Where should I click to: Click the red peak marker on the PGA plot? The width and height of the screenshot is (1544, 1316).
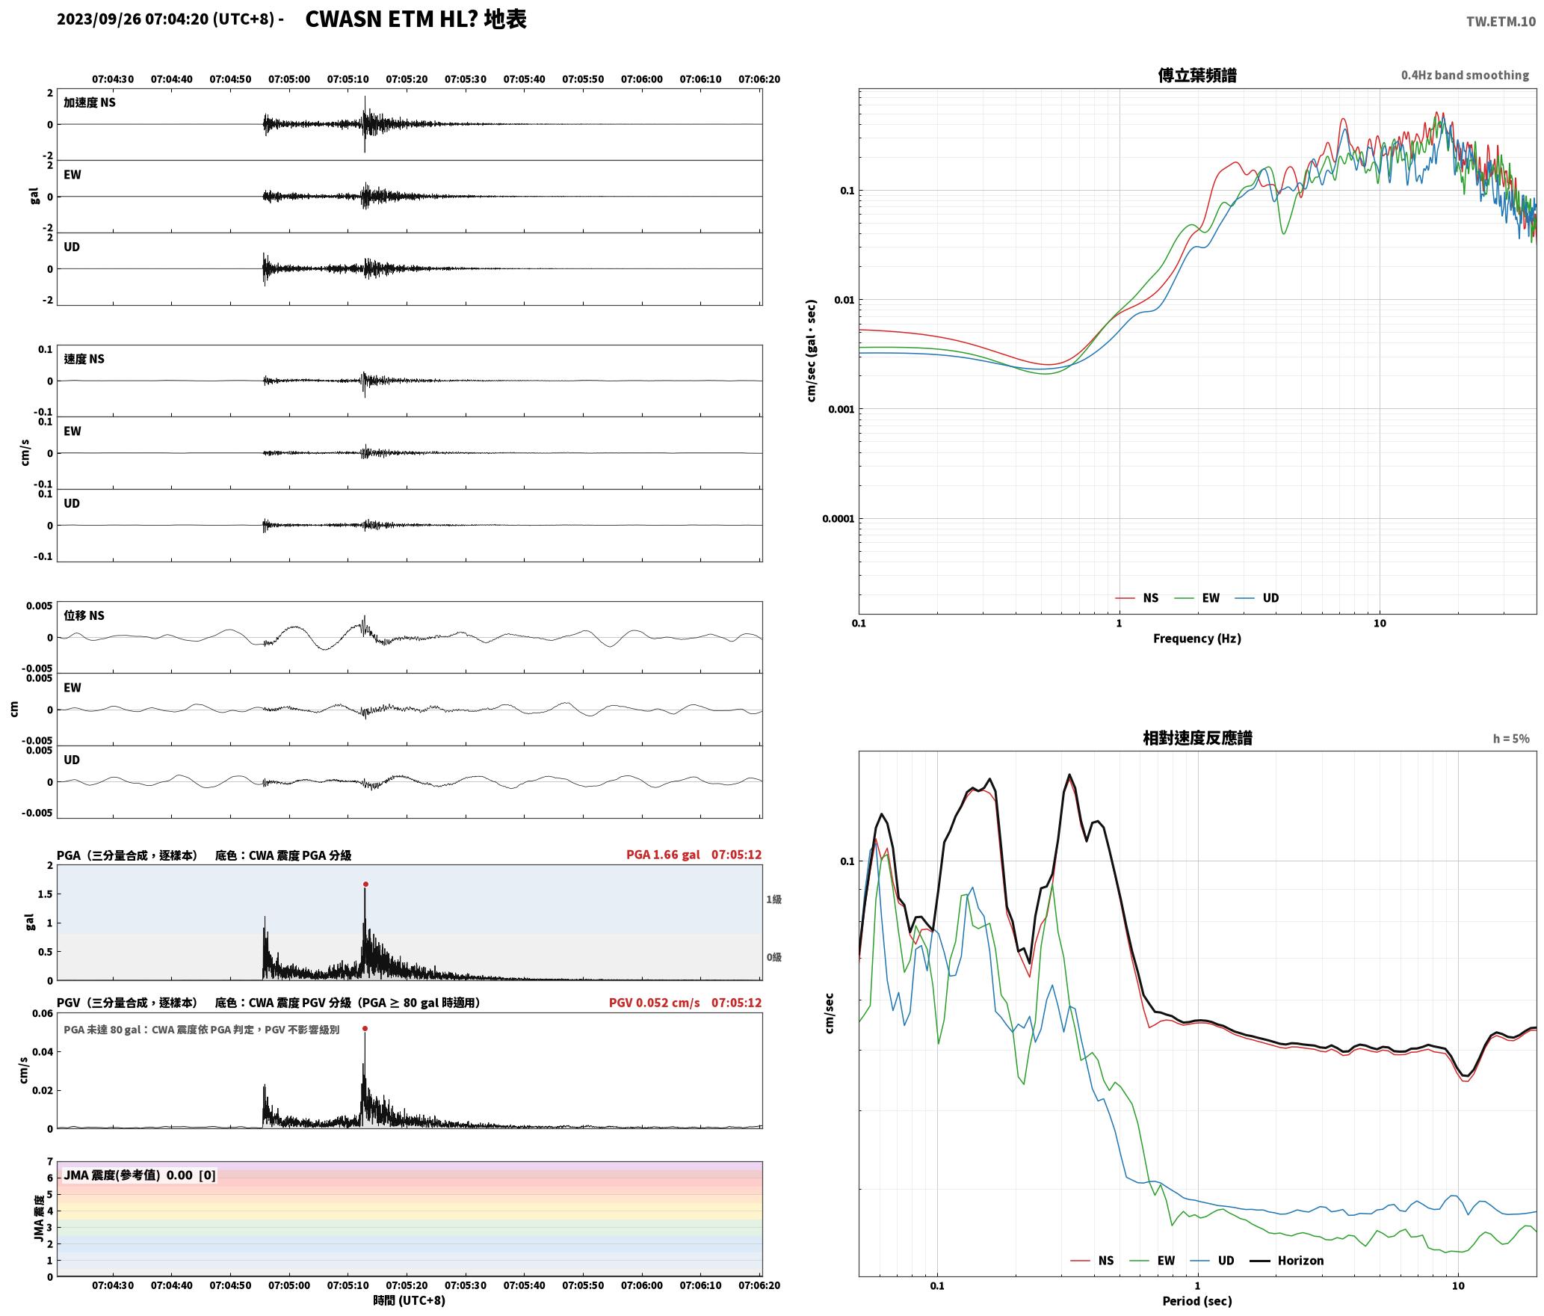pos(365,885)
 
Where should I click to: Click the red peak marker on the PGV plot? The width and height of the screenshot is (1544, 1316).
pos(365,1029)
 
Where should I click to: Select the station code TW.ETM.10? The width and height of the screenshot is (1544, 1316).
pos(1501,22)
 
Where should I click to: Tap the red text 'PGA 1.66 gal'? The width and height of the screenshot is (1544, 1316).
pos(663,855)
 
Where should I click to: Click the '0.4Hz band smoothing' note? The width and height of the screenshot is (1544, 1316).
pos(1465,76)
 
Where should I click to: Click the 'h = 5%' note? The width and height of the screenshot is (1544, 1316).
pos(1511,739)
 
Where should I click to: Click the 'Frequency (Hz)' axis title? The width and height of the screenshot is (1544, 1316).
pos(1197,639)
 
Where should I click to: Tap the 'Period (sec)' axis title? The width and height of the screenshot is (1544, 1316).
pos(1197,1301)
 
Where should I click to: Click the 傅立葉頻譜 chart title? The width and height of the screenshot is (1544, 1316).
pos(1197,76)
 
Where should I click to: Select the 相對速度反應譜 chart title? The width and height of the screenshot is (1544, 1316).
pos(1197,738)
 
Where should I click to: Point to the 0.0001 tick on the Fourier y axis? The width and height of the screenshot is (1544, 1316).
pos(838,519)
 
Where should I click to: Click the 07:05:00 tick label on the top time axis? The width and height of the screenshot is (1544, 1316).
pos(289,79)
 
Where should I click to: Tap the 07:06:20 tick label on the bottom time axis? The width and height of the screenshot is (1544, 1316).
pos(759,1285)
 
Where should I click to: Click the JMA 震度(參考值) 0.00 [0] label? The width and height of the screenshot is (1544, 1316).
pos(140,1175)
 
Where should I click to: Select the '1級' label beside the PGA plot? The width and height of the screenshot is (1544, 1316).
pos(773,900)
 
